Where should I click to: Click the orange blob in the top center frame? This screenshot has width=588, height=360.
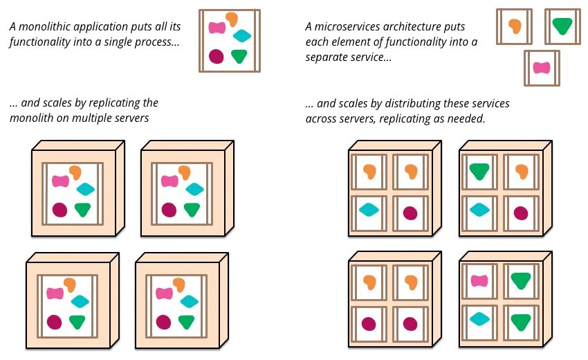(232, 19)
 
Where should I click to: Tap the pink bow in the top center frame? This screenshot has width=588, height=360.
(217, 28)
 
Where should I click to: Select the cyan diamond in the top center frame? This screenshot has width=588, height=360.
(242, 36)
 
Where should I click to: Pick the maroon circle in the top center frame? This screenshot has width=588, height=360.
(217, 56)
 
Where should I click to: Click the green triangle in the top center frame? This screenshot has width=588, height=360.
(239, 56)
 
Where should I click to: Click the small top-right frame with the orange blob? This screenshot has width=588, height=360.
(515, 26)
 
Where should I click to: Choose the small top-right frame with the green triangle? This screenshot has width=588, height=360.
(562, 26)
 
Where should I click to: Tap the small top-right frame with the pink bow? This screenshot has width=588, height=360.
(542, 68)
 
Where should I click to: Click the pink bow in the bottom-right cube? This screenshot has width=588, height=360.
(479, 280)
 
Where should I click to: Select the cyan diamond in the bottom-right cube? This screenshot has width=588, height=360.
(479, 319)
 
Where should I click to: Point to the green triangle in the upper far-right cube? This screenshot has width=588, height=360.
(479, 171)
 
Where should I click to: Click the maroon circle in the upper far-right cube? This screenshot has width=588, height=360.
(521, 213)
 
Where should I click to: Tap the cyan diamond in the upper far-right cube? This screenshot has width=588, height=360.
(479, 209)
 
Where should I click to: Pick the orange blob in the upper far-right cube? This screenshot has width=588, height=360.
(522, 171)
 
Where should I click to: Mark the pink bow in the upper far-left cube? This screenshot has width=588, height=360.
(61, 181)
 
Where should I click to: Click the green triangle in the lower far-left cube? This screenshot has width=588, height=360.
(77, 321)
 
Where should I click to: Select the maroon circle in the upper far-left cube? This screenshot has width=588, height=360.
(60, 209)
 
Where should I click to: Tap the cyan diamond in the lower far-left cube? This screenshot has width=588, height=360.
(80, 301)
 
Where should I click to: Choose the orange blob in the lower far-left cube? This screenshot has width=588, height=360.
(70, 285)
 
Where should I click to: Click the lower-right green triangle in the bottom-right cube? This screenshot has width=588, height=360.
(521, 322)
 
